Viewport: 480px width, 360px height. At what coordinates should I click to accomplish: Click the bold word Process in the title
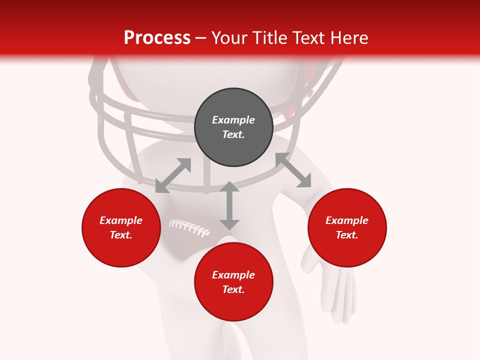tap(157, 38)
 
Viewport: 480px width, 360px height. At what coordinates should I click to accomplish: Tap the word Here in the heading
tap(348, 38)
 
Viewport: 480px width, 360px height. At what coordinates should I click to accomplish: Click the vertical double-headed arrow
tap(229, 205)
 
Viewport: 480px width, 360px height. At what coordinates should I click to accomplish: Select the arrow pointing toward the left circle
tap(173, 175)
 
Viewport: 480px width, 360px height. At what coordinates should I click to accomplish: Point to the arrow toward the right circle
tap(293, 170)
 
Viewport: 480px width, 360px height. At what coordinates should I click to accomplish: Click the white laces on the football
tap(189, 228)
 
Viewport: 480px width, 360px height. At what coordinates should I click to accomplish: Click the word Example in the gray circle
tap(233, 120)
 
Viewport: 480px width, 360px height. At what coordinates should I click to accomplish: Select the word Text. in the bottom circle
tap(233, 289)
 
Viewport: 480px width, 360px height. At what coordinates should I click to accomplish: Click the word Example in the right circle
tap(347, 220)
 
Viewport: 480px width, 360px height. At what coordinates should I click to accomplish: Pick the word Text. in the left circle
tap(121, 235)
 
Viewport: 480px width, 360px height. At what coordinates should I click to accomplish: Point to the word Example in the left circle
tap(121, 220)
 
